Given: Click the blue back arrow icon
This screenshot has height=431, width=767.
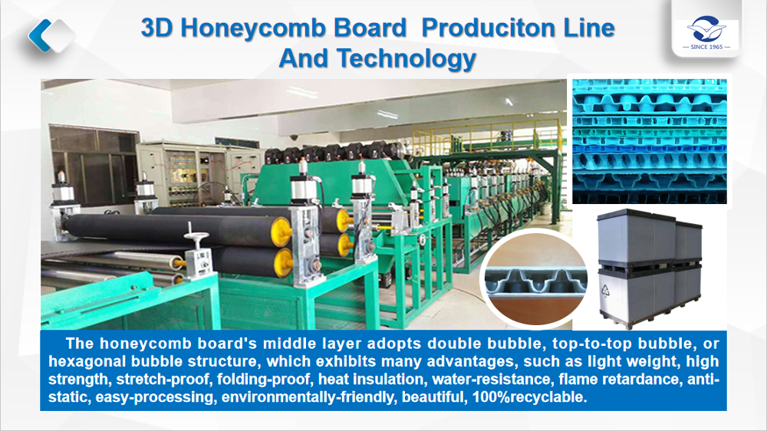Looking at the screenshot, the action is coord(40,35).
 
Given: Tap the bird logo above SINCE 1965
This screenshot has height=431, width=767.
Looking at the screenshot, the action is coord(706,29).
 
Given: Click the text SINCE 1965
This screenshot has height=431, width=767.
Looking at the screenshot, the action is coord(706,47).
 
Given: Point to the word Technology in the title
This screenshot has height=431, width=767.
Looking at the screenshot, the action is coord(406,59).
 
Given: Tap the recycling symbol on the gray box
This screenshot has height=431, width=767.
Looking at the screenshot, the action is coord(606,291).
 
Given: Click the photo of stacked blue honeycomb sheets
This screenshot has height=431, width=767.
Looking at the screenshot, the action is coord(650,141).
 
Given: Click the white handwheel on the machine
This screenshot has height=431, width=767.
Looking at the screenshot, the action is coord(196,237).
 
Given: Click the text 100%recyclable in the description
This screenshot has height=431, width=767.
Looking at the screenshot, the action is coord(529,396).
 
